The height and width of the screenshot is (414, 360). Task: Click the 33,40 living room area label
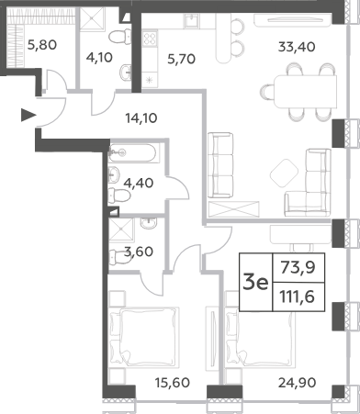[297, 47]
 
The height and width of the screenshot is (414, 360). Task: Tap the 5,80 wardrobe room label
[42, 45]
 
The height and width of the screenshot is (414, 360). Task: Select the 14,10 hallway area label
[141, 117]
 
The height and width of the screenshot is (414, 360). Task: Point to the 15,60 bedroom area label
[173, 383]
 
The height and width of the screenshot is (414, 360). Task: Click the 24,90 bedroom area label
[297, 383]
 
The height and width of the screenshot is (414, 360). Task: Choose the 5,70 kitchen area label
[182, 59]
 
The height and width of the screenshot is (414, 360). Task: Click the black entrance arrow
[28, 115]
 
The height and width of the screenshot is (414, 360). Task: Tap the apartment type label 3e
[255, 283]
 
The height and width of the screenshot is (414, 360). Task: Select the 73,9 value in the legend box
[298, 268]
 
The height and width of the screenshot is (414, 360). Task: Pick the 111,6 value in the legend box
[298, 297]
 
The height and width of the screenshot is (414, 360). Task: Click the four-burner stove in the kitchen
[150, 39]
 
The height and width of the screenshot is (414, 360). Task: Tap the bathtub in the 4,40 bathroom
[132, 152]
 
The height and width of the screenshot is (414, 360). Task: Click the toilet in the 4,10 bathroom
[120, 37]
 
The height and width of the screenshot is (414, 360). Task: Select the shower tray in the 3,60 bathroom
[121, 229]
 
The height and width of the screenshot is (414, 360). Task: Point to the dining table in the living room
[305, 92]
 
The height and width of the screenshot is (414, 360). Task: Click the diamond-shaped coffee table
[284, 173]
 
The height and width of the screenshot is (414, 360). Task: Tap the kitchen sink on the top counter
[192, 21]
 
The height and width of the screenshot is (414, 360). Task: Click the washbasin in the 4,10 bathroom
[126, 73]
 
